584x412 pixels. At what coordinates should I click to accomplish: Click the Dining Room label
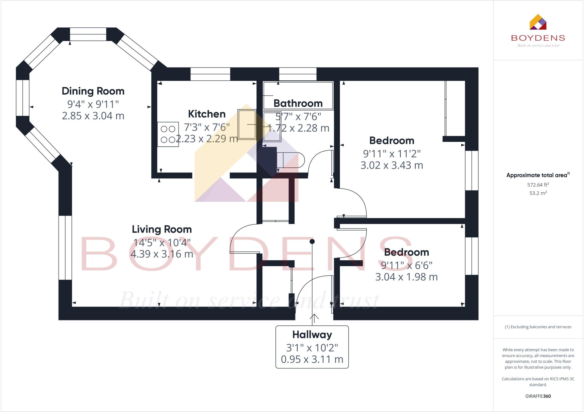(x=93, y=91)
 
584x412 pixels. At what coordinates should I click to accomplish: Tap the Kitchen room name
(x=207, y=114)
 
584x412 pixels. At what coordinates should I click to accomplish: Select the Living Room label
(x=162, y=229)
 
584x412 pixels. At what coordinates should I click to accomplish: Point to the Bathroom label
(x=298, y=103)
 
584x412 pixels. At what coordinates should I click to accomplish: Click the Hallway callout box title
(x=312, y=335)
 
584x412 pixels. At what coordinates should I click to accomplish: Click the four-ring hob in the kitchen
(x=168, y=134)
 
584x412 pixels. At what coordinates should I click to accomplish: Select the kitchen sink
(x=247, y=125)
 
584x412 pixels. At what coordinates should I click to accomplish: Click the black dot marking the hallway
(x=312, y=242)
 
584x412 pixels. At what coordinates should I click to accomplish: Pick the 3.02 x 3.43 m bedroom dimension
(x=392, y=165)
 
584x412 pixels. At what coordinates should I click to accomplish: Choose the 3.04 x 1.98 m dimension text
(x=406, y=277)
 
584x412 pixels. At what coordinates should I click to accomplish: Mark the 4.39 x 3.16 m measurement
(x=162, y=254)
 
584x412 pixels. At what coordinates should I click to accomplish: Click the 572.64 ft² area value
(x=538, y=185)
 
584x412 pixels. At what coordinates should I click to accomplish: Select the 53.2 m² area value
(x=538, y=193)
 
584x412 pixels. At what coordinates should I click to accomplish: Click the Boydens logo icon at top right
(x=538, y=22)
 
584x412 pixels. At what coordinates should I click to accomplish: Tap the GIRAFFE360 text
(x=538, y=396)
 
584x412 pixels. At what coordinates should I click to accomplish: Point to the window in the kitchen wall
(x=210, y=74)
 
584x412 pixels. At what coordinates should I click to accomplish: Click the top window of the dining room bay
(x=88, y=34)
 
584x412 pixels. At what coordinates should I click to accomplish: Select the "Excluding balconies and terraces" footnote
(x=538, y=327)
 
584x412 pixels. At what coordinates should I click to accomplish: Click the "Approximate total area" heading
(x=538, y=175)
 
